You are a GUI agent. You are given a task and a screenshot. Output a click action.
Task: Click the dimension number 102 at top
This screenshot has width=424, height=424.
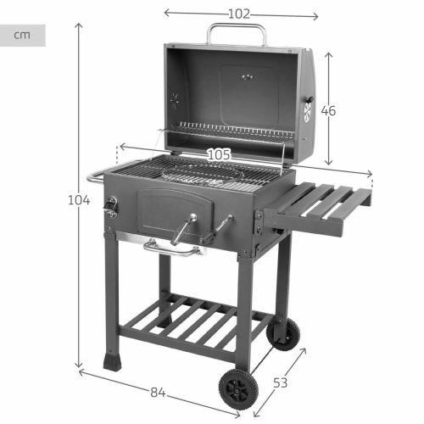(x=240, y=14)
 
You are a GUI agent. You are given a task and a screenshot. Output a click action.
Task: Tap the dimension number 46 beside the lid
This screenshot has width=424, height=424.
(x=328, y=110)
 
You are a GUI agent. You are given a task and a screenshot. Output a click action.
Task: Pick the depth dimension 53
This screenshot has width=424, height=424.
(x=280, y=382)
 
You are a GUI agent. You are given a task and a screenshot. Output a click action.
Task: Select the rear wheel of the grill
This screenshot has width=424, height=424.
(x=282, y=333)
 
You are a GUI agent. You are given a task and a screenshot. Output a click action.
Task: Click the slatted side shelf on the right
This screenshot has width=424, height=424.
(x=322, y=204)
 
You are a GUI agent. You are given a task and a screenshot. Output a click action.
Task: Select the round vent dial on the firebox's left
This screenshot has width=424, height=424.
(x=111, y=204)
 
